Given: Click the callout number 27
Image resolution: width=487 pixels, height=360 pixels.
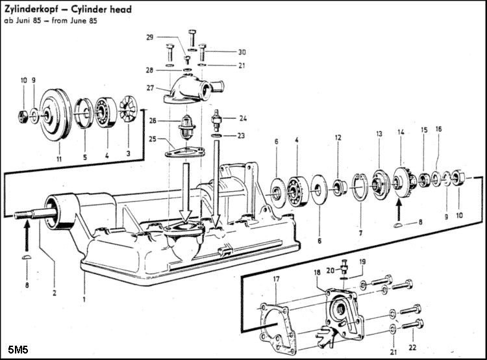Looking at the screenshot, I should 150,87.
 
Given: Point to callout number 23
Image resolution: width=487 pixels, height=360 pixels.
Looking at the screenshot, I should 242,136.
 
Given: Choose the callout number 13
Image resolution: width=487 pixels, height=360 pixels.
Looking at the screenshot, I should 379,134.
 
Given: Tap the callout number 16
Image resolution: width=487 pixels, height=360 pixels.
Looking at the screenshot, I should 439,129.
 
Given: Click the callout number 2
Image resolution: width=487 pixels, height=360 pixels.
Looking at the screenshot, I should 55,292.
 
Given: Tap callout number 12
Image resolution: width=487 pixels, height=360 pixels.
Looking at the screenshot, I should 338,138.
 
